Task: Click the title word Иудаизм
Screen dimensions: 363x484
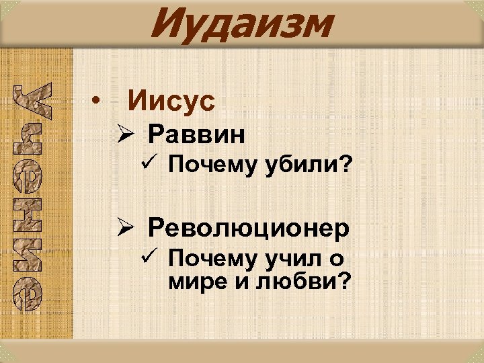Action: (241, 24)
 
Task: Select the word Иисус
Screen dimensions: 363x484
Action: (171, 102)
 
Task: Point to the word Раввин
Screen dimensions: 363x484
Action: (196, 135)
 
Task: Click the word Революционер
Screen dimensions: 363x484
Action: (249, 228)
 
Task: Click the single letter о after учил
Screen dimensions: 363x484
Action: (336, 258)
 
